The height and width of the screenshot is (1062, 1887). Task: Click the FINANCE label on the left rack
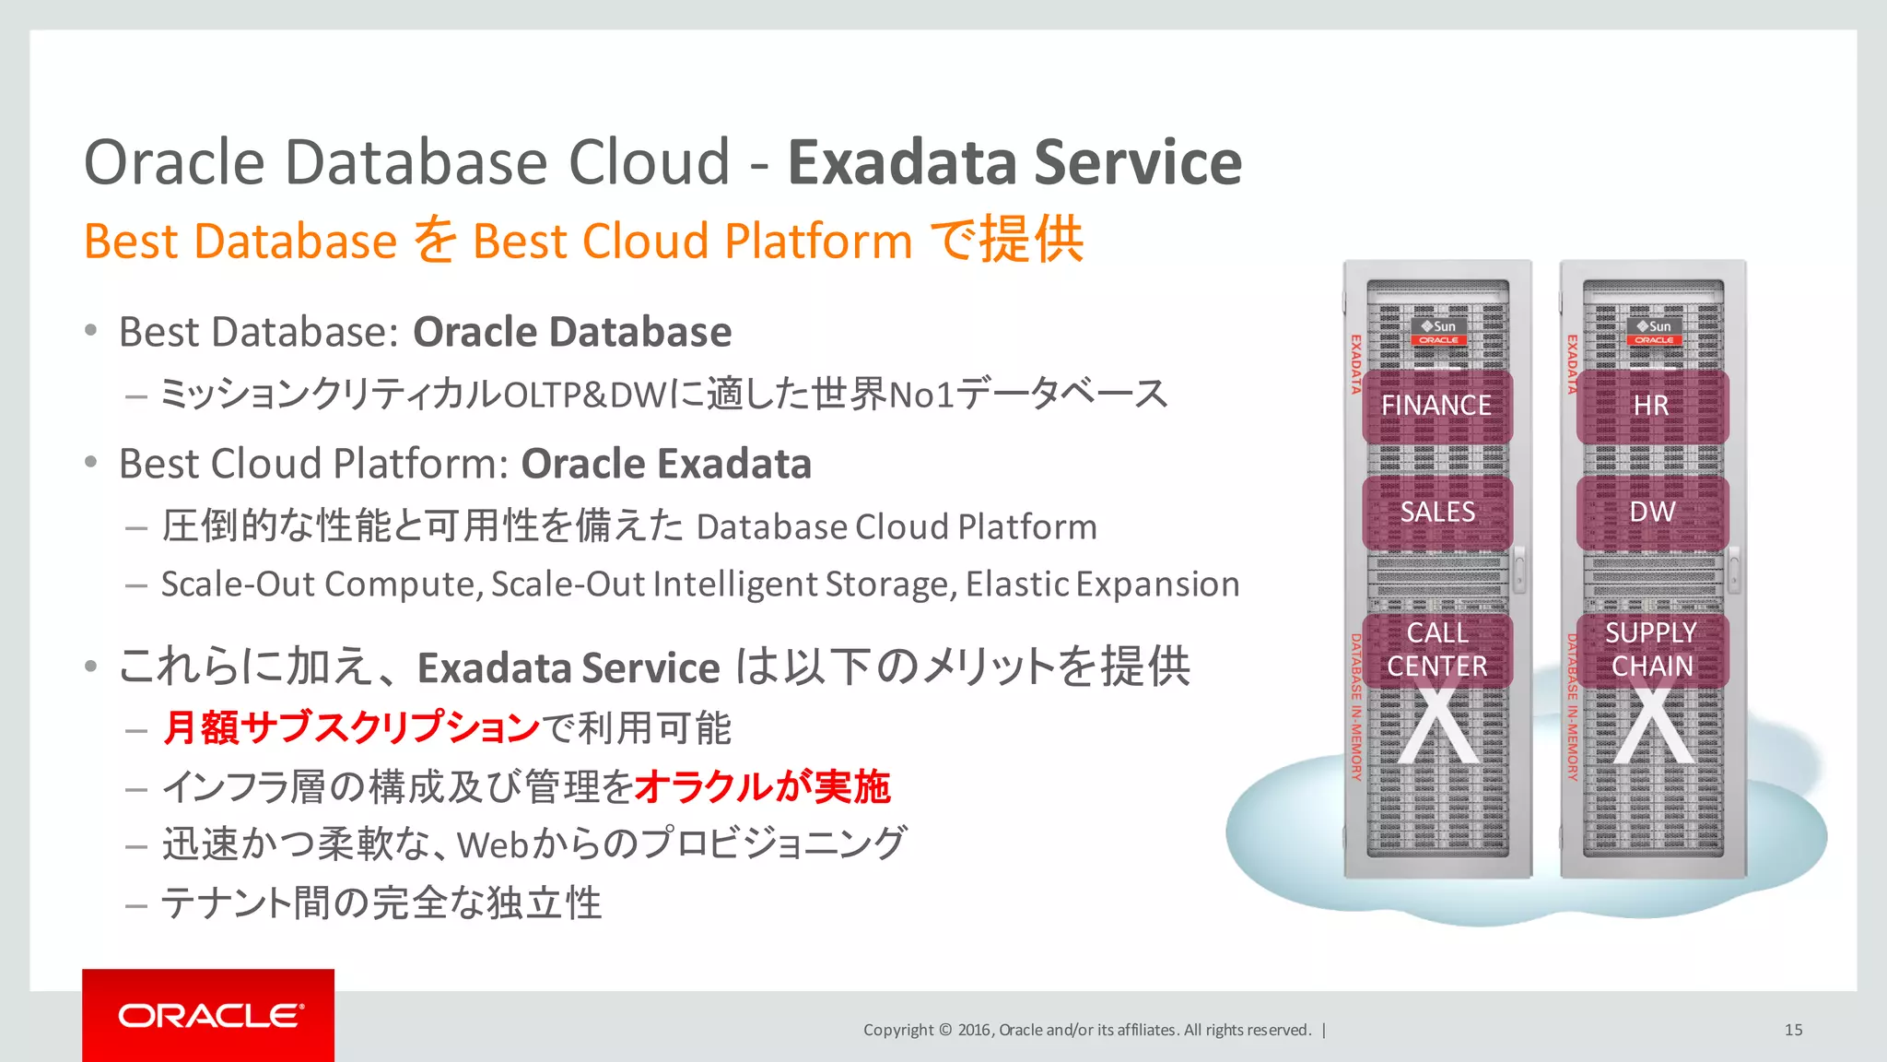coord(1436,406)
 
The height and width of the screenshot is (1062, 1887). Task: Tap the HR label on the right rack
coord(1650,406)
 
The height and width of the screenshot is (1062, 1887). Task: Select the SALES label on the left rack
coord(1437,513)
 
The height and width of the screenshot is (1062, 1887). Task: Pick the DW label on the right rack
coord(1651,513)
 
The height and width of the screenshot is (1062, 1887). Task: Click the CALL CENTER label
coord(1437,650)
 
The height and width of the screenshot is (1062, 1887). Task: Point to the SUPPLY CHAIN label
coord(1651,650)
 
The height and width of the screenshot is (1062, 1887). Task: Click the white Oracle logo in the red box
coord(210,1016)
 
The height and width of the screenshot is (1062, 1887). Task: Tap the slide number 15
coord(1793,1030)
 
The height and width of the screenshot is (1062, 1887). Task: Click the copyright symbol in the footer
coord(944,1030)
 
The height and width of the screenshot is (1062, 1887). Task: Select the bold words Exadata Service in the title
coord(1014,163)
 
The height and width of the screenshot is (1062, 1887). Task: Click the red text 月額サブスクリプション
coord(351,728)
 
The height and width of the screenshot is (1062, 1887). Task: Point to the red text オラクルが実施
coord(762,787)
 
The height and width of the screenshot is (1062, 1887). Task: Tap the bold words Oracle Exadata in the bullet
coord(665,464)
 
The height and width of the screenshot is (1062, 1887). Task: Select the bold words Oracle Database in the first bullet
coord(571,332)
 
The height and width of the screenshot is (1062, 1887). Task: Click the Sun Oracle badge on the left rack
coord(1438,333)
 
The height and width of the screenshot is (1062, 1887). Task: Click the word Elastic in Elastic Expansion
coord(1017,584)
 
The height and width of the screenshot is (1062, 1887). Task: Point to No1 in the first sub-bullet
coord(920,395)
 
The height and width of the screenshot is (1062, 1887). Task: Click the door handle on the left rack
coord(1519,569)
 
